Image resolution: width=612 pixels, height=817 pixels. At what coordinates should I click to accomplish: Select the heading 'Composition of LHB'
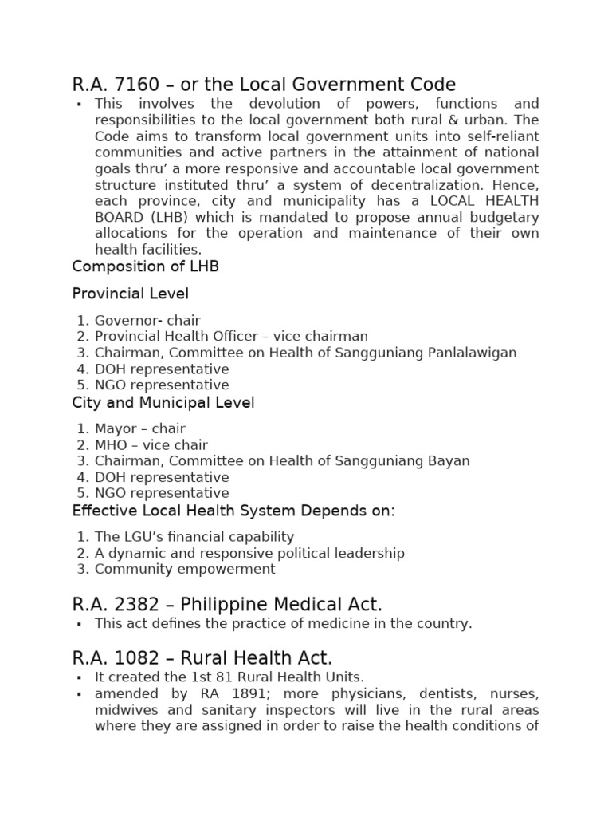point(145,266)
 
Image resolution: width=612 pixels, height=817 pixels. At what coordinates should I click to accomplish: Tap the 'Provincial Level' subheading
point(130,294)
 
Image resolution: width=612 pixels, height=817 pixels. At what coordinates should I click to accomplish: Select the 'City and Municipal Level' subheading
point(163,403)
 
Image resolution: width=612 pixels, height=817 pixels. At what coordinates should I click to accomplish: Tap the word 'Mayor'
point(116,429)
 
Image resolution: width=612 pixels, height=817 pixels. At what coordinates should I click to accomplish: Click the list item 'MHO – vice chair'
point(151,445)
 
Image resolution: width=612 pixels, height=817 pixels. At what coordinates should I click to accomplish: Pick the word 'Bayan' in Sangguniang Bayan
point(449,461)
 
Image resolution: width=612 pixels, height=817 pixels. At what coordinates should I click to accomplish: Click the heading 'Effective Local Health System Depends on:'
point(233,511)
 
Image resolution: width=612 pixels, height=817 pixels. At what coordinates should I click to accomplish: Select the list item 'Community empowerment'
point(185,569)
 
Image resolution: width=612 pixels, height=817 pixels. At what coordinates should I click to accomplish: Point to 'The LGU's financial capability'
point(194,537)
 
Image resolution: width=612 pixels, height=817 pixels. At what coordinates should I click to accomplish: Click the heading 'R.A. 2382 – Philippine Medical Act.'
point(227,605)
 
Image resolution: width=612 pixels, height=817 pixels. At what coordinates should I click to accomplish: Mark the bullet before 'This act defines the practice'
point(79,624)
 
